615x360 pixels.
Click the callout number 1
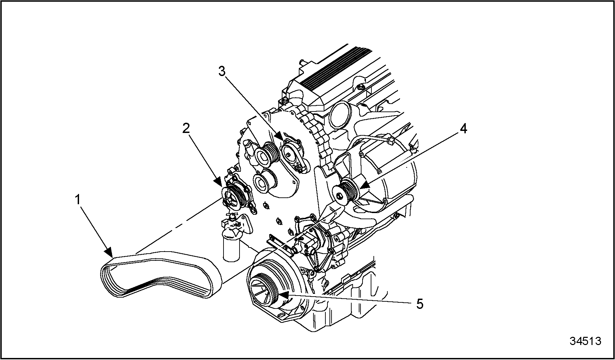[78, 200]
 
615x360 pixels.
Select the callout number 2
[186, 129]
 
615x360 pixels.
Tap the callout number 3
[222, 72]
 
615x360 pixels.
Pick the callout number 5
[420, 304]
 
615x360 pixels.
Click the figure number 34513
[585, 341]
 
